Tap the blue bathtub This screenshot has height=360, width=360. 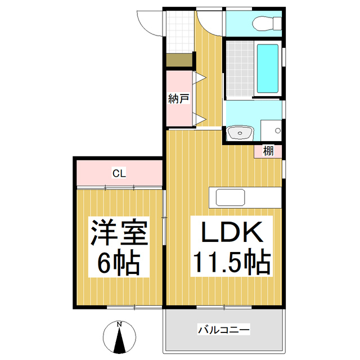pos(267,69)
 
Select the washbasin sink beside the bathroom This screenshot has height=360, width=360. pos(240,133)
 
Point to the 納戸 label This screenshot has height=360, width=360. pos(178,99)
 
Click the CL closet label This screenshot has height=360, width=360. pos(118,173)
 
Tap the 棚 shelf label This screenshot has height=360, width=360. pos(268,150)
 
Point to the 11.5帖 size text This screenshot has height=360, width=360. pos(232,261)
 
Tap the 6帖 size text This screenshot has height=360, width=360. pos(119,262)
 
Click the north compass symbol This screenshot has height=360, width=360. pos(119,338)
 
